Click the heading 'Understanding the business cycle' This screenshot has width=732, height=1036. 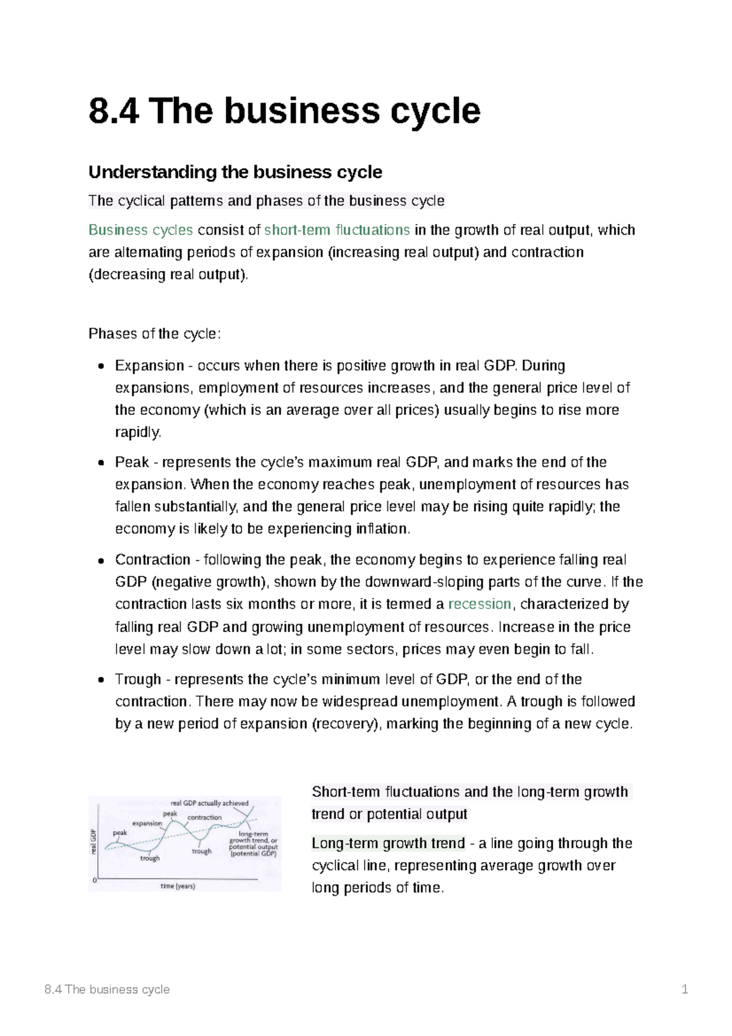point(235,172)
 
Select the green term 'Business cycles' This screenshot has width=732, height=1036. point(140,230)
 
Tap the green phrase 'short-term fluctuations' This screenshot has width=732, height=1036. point(337,230)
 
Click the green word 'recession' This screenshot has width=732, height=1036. point(479,604)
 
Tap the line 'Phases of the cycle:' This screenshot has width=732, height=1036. point(154,334)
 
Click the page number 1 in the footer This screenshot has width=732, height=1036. point(684,990)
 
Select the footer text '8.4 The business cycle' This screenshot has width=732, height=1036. point(107,990)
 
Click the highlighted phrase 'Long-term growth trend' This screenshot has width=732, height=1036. point(388,843)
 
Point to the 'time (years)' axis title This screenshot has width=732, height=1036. point(178,886)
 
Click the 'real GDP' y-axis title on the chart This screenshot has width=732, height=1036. point(94,841)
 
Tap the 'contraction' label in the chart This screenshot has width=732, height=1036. point(204,818)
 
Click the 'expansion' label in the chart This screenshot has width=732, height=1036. point(147,823)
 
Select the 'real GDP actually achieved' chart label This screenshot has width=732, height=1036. point(209,803)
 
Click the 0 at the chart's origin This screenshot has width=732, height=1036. point(95,880)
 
